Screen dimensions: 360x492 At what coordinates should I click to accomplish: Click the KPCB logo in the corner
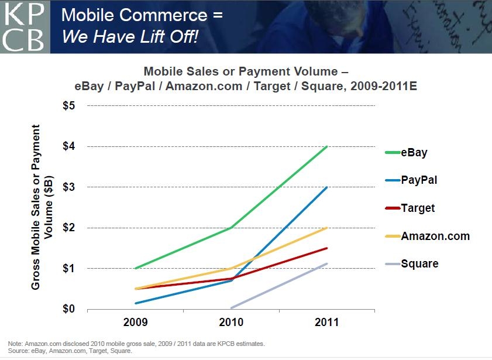[25, 26]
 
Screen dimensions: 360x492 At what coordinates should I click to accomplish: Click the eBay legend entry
[414, 153]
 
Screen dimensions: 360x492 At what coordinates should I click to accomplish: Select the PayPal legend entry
[419, 180]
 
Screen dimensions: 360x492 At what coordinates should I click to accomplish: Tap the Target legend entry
[418, 208]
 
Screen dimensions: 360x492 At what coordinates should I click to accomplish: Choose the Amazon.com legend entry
[435, 236]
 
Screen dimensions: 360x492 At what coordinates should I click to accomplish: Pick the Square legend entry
[419, 263]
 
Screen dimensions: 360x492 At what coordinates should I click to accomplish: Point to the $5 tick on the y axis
[69, 106]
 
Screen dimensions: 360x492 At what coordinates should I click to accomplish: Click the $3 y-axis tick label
[69, 187]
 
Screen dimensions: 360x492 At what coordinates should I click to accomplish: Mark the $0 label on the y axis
[69, 309]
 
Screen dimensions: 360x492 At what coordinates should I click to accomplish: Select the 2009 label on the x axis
[135, 323]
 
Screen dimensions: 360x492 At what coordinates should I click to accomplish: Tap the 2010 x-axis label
[231, 323]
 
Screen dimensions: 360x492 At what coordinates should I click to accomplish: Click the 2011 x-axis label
[326, 323]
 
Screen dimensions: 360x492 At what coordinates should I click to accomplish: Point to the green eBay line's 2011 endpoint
[327, 146]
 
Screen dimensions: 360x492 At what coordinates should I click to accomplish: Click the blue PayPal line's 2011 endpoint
[327, 187]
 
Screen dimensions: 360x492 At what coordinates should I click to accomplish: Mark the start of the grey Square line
[232, 308]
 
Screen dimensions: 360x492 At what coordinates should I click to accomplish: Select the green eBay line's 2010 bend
[231, 228]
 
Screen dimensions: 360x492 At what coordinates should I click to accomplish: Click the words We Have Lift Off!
[130, 37]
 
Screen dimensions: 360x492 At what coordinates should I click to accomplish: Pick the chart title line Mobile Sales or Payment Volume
[246, 72]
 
